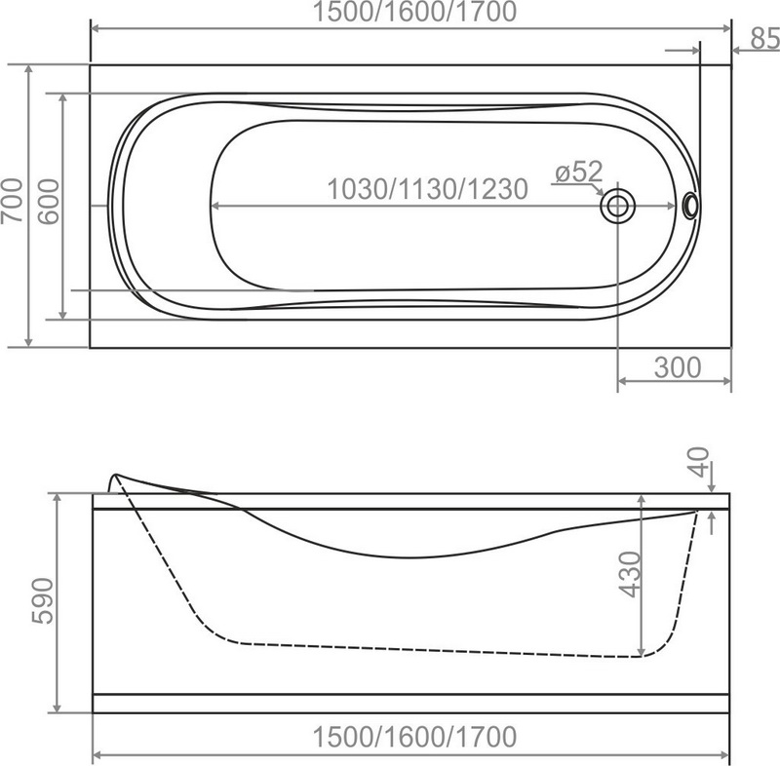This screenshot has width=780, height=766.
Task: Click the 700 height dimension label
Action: coord(12,201)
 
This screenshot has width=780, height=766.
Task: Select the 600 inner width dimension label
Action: coord(49,202)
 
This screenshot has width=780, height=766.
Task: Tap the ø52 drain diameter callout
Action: coord(579,172)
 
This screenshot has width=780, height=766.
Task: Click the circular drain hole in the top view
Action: coord(618,206)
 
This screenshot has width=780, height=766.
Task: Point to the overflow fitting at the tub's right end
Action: coord(690,206)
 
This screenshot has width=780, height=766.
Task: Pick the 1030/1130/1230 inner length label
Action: coord(427,189)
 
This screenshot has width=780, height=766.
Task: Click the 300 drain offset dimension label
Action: coord(678,367)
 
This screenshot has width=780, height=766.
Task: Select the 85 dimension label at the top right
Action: coord(765,38)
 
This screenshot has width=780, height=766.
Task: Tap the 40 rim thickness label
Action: coord(700,462)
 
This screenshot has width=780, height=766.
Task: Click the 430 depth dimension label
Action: coord(631,574)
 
